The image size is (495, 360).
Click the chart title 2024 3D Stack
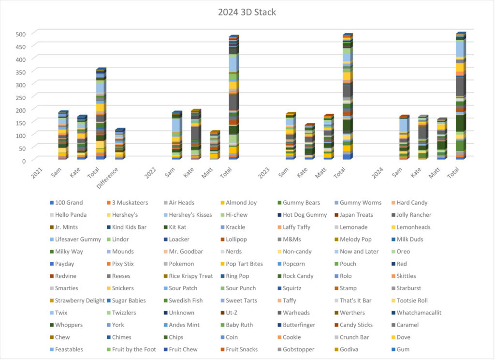[247, 12]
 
